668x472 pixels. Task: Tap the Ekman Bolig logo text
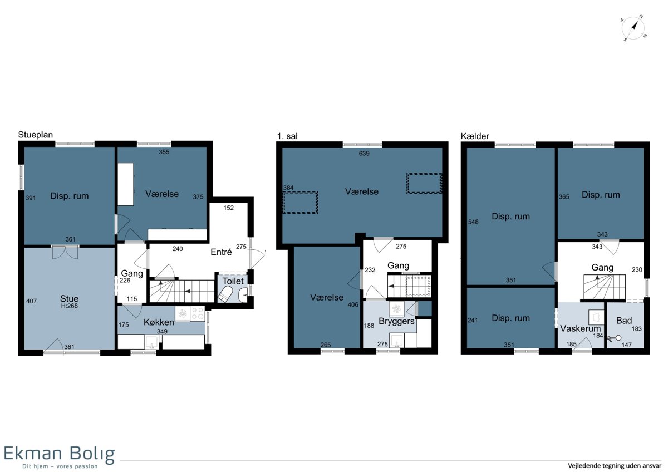pos(59,454)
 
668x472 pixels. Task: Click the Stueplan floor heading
pos(36,135)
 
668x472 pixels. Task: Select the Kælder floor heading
pos(475,136)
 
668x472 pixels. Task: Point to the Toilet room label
pos(233,281)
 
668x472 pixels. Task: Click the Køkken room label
pos(159,322)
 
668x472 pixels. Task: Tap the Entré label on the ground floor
pos(221,252)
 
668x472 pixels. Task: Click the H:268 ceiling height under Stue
pos(69,306)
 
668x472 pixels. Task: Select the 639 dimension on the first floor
pos(364,153)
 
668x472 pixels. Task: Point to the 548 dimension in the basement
pos(473,222)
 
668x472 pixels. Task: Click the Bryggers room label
pos(396,321)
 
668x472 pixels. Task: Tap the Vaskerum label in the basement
pos(580,328)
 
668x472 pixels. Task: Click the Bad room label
pos(624,321)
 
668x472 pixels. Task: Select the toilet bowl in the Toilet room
pos(225,294)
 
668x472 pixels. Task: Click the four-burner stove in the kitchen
pos(198,314)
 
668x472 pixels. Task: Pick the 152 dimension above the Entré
pos(228,208)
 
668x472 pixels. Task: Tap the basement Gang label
pos(602,268)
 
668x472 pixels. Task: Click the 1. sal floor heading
pos(287,136)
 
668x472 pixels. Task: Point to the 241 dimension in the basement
pos(473,320)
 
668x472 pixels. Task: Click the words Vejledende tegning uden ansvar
pos(615,466)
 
